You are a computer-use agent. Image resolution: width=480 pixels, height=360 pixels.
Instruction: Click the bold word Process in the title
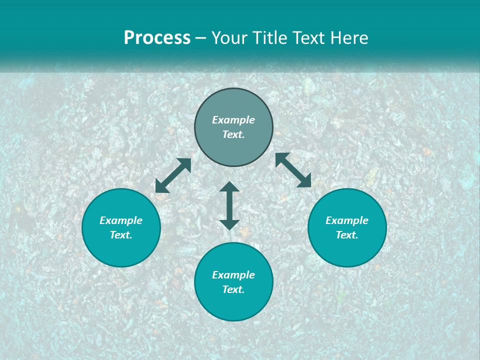click(157, 38)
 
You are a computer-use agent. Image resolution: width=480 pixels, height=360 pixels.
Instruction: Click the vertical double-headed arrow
click(229, 205)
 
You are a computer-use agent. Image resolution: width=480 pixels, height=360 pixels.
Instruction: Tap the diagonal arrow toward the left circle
click(173, 175)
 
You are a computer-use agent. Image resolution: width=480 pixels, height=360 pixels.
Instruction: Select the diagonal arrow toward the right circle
click(293, 170)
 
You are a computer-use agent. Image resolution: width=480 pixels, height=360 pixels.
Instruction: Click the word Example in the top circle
click(233, 120)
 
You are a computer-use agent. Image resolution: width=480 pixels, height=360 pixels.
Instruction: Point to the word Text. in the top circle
click(233, 134)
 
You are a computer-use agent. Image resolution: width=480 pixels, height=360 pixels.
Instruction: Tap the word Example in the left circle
click(121, 220)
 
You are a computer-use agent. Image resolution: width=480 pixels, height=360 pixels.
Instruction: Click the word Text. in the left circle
click(121, 235)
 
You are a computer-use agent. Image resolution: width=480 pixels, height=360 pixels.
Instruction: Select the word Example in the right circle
click(347, 220)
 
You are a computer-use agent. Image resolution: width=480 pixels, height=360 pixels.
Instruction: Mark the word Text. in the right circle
click(347, 235)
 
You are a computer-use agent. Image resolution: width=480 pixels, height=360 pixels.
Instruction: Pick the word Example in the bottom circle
click(233, 275)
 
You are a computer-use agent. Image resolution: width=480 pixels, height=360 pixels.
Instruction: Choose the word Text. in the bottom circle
click(233, 289)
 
